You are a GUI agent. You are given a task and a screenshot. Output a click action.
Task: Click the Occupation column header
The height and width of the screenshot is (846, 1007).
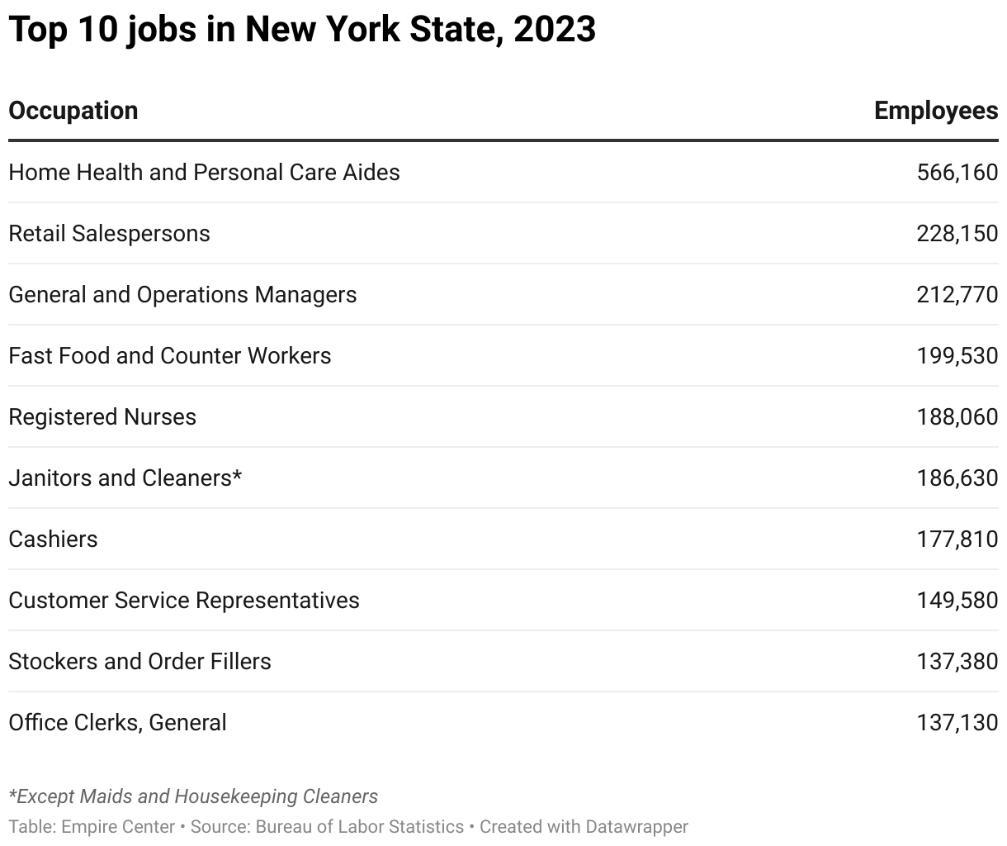click(x=73, y=111)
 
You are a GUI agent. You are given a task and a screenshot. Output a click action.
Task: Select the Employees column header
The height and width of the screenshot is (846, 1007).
click(x=935, y=111)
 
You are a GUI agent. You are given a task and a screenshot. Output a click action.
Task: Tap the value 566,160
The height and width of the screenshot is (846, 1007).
click(x=957, y=172)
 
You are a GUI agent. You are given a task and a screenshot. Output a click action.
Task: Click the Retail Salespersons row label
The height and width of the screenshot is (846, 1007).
click(x=109, y=233)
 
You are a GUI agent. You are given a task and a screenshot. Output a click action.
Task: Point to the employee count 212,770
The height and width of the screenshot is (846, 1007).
click(x=957, y=294)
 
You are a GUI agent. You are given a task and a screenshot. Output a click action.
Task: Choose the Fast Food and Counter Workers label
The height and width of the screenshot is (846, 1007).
click(x=169, y=355)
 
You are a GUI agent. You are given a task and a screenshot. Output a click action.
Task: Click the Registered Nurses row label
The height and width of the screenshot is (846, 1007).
click(x=102, y=416)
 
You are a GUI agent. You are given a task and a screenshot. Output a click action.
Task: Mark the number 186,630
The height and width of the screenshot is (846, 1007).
click(x=957, y=478)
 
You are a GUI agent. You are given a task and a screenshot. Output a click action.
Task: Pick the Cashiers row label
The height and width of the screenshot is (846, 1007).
click(x=53, y=539)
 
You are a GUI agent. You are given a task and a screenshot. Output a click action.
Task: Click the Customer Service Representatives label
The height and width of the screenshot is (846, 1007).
click(x=184, y=600)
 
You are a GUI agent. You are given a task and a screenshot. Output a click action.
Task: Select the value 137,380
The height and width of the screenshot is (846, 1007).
click(x=957, y=661)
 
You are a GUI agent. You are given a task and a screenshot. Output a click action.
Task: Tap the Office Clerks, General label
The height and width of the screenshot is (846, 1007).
click(x=117, y=722)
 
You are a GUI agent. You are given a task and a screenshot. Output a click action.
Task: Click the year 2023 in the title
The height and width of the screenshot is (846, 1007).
click(x=554, y=30)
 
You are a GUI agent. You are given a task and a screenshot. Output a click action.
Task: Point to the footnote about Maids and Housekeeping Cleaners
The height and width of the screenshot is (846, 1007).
click(x=193, y=796)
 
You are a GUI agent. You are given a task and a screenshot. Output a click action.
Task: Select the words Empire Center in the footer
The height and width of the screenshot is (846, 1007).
click(x=118, y=826)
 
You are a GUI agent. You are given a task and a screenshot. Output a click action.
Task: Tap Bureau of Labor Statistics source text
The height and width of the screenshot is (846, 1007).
click(x=360, y=826)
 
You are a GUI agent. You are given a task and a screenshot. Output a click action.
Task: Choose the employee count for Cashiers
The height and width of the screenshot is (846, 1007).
click(x=957, y=539)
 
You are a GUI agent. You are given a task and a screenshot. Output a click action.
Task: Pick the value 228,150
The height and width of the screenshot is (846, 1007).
click(x=957, y=233)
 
